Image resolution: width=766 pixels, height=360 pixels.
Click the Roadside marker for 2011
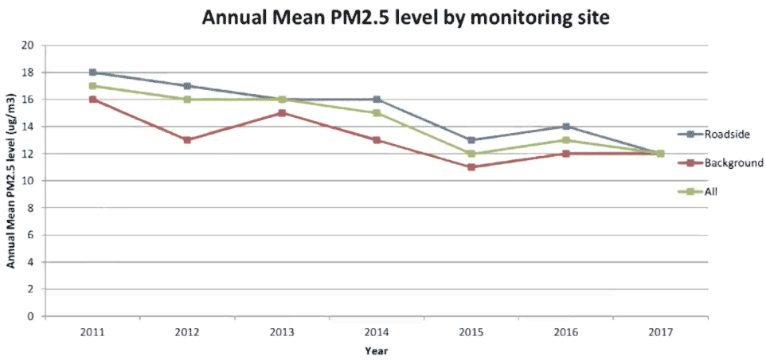tap(93, 72)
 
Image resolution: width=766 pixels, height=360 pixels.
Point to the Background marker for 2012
tap(187, 140)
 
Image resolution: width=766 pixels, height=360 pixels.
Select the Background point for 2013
tap(282, 113)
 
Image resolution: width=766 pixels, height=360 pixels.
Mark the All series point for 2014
tap(377, 113)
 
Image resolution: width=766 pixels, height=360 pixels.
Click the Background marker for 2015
tap(471, 167)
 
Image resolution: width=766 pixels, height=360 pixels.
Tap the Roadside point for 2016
tap(566, 127)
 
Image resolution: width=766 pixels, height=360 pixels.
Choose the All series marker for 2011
tap(93, 86)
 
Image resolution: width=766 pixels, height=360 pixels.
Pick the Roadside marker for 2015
tap(471, 140)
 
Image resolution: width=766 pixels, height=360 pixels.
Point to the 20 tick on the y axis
tap(33, 45)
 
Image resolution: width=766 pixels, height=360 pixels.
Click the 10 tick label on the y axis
tap(33, 181)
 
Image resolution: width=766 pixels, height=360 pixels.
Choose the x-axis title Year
tap(376, 350)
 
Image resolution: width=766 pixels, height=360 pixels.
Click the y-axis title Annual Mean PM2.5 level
tap(13, 181)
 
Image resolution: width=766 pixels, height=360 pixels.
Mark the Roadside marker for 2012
tap(187, 86)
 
